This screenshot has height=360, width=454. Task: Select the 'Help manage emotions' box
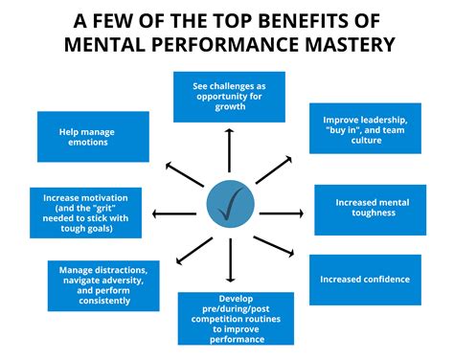(x=93, y=136)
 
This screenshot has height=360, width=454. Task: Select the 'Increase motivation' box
(x=79, y=211)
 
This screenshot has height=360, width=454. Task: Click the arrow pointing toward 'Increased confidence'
(x=278, y=250)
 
